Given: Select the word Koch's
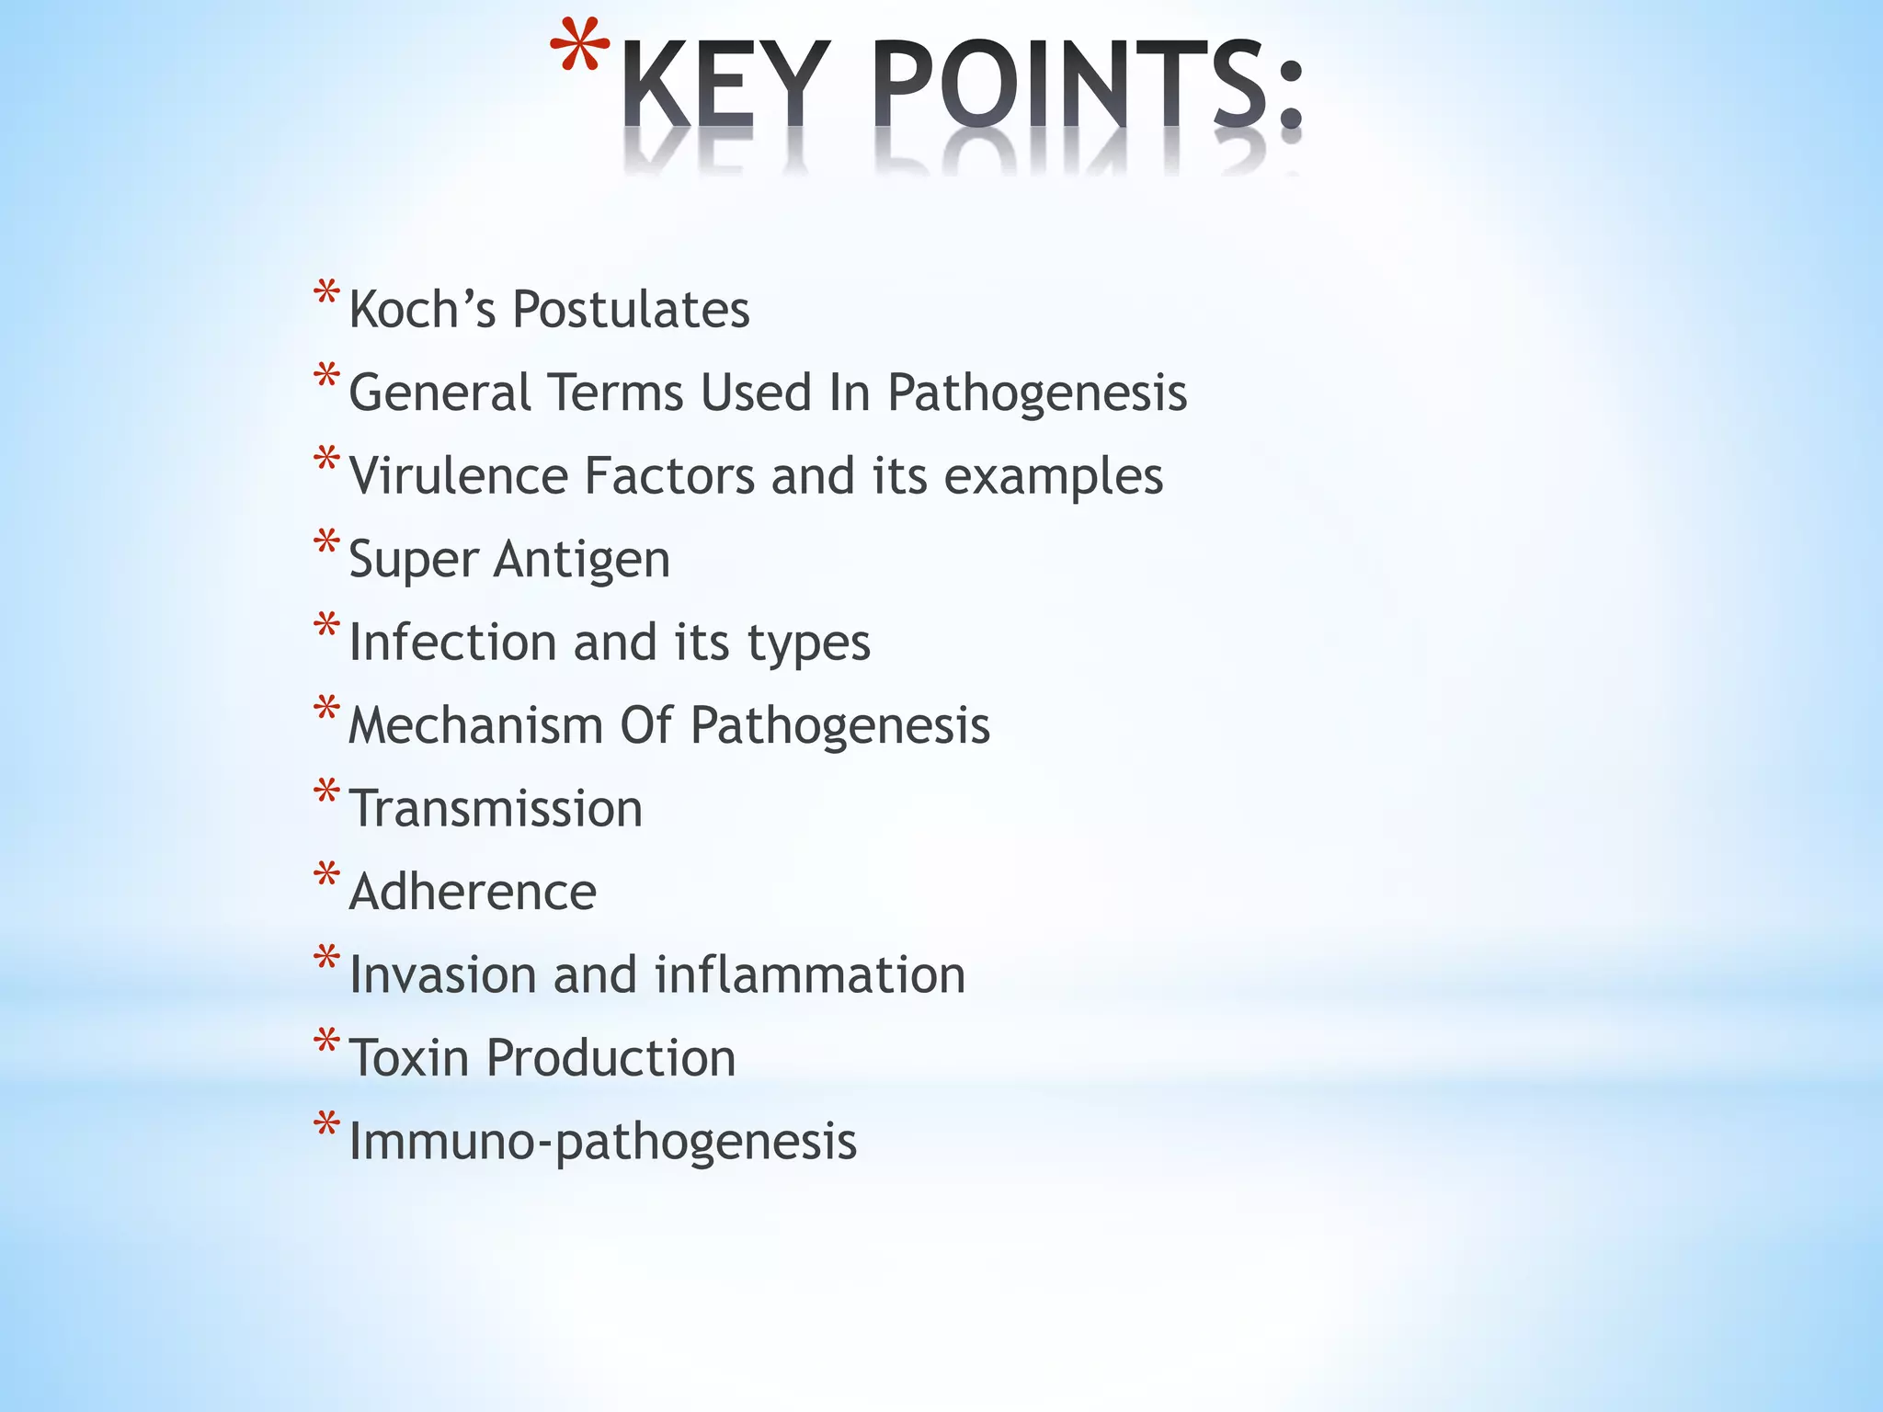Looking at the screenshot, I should click(422, 309).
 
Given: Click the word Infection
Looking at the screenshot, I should click(451, 642).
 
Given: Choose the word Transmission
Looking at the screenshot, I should click(496, 809).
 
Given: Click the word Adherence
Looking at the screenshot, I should click(473, 892).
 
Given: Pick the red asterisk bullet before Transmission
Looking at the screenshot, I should click(326, 791).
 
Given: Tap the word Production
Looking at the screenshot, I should click(611, 1058).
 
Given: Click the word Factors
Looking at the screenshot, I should click(669, 476).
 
